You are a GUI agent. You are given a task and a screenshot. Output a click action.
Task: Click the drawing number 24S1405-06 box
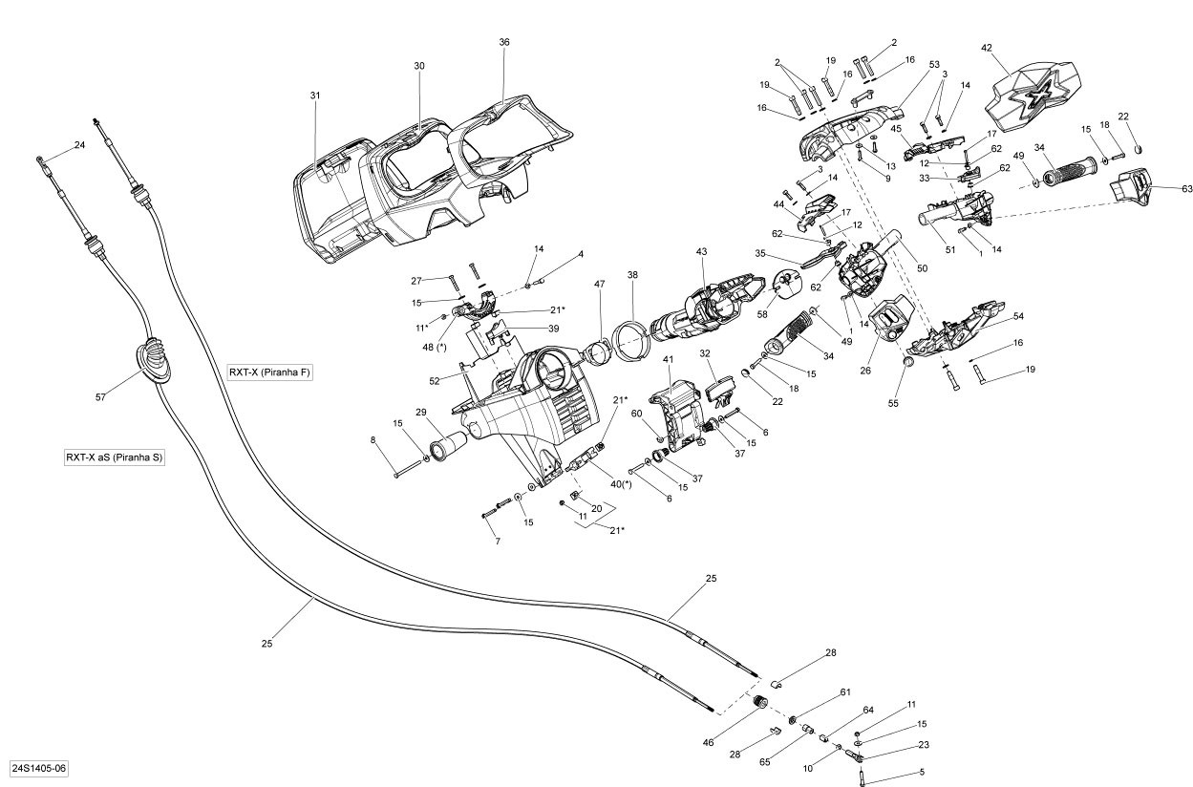[39, 768]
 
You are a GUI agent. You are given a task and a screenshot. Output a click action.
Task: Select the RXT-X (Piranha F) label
[270, 372]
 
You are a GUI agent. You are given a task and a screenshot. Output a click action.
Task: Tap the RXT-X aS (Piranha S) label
[115, 457]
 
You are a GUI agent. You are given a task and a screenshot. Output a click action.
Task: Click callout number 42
[987, 47]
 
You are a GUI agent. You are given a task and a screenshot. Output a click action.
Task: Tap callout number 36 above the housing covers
[504, 42]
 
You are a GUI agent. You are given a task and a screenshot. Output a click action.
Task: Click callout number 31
[315, 96]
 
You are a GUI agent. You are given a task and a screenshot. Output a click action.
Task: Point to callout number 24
[80, 145]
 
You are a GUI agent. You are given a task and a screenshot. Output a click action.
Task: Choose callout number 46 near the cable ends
[735, 741]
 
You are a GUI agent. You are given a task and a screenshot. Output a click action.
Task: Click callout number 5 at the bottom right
[922, 772]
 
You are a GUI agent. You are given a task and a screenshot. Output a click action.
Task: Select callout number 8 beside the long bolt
[373, 439]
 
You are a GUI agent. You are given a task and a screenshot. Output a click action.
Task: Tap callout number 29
[420, 412]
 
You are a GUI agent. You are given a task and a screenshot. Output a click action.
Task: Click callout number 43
[701, 251]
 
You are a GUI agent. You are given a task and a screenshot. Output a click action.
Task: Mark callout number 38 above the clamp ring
[632, 274]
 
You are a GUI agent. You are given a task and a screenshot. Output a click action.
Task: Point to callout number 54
[1018, 316]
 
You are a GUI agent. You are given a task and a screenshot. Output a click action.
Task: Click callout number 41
[669, 359]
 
